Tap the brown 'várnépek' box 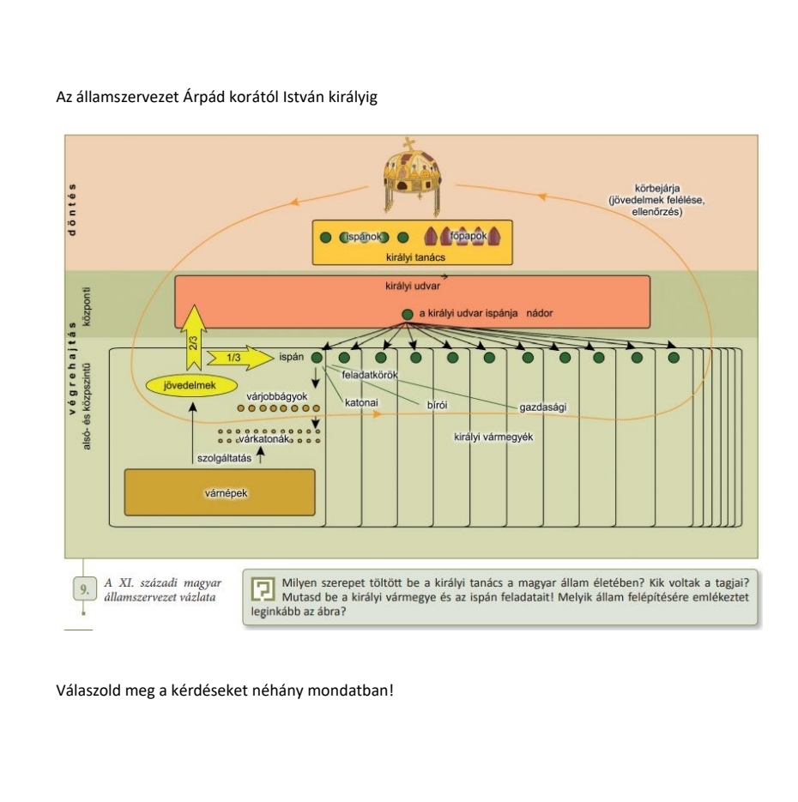click(221, 493)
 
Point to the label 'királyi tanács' click(413, 256)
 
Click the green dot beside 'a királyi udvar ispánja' click(408, 315)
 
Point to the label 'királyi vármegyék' click(493, 437)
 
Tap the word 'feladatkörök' click(369, 375)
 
